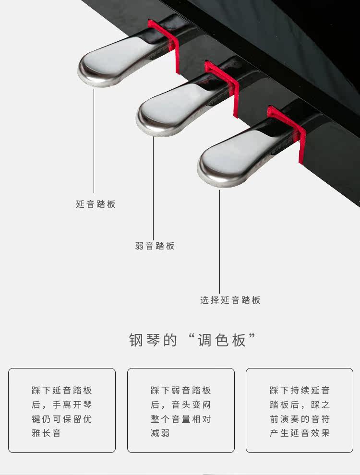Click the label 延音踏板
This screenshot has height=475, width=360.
tap(96, 204)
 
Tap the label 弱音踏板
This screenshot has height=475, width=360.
tap(155, 246)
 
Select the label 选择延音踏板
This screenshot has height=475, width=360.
tap(230, 300)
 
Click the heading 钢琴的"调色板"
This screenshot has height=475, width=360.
tap(192, 340)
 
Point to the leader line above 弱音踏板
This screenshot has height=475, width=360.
tap(154, 187)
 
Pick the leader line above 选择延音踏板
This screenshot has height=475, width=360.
tap(220, 240)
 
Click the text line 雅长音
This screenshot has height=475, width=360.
tap(47, 433)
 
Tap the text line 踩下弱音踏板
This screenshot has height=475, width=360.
tap(180, 391)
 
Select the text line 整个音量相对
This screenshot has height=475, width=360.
tap(180, 419)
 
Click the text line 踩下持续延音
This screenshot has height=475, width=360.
tap(300, 391)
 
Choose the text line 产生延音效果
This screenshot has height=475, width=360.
tap(300, 433)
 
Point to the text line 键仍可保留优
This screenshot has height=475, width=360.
tap(61, 419)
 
